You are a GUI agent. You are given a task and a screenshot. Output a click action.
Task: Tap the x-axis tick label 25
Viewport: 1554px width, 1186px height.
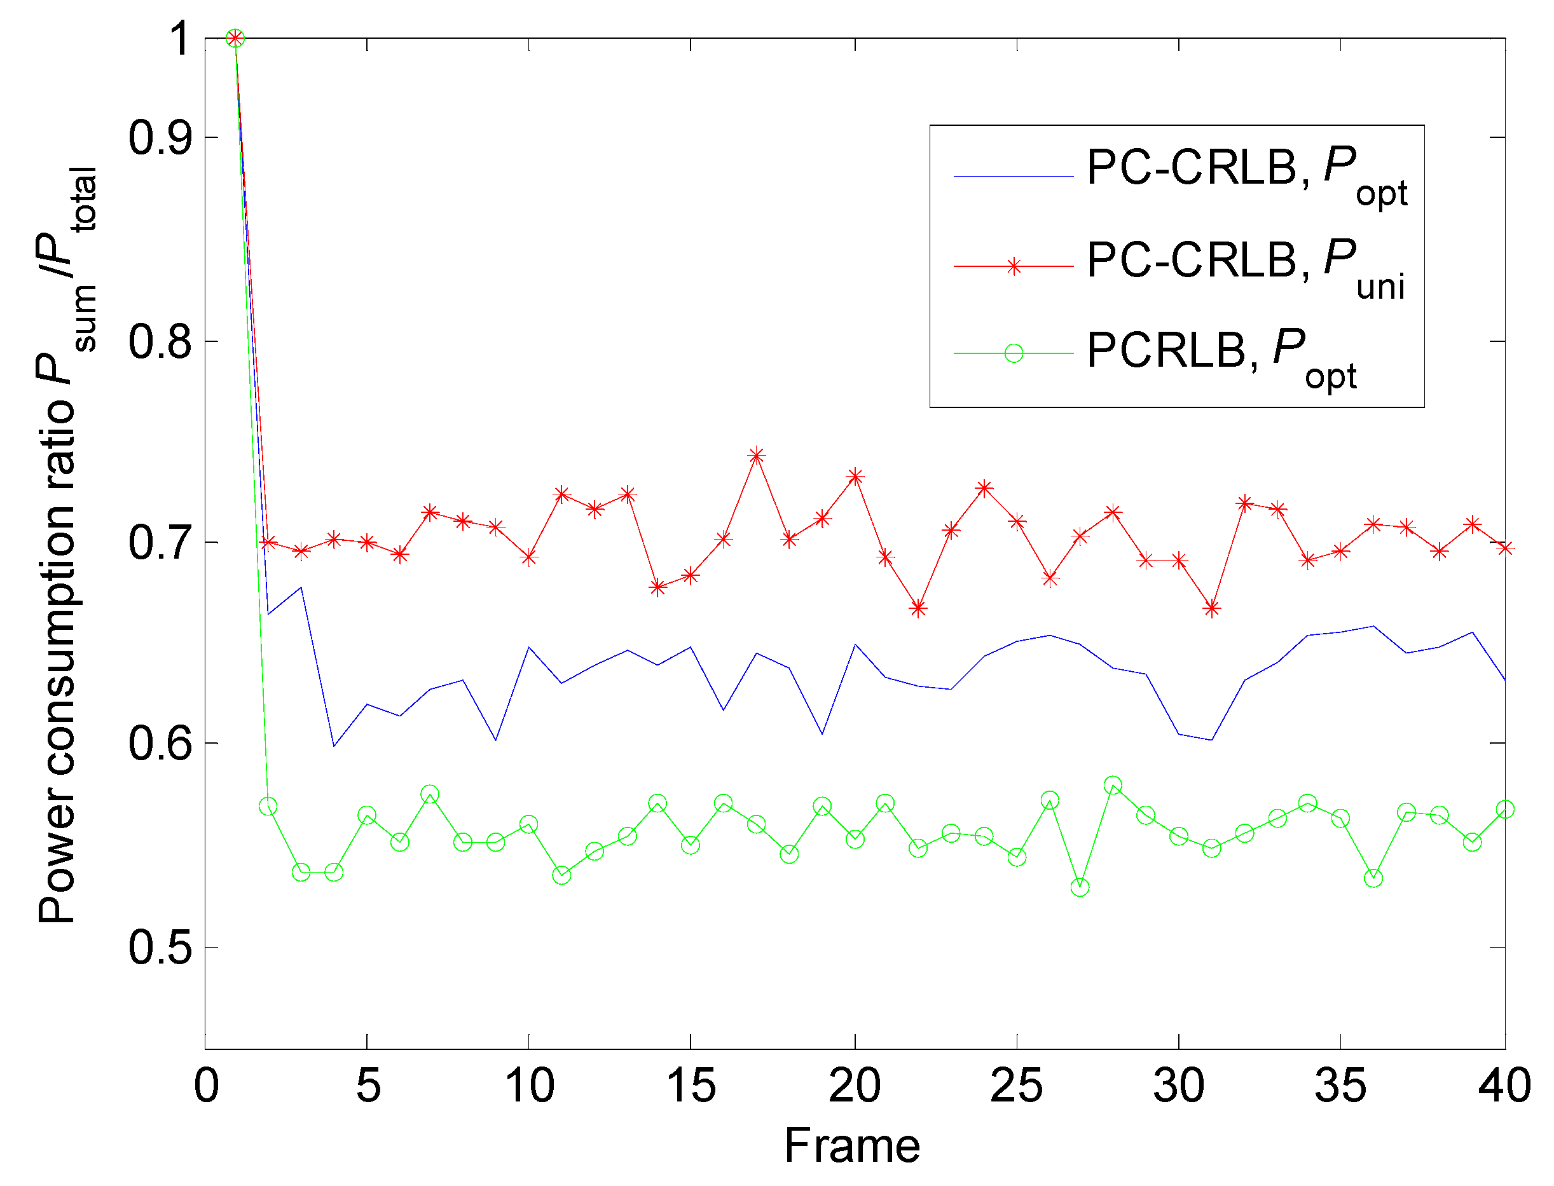[x=1016, y=1085]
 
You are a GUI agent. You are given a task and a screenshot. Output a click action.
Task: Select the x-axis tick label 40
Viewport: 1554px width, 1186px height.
[x=1504, y=1085]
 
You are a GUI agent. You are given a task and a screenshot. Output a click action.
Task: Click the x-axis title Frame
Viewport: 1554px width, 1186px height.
[x=852, y=1145]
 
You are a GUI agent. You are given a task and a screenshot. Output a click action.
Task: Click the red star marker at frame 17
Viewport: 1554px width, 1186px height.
[x=756, y=455]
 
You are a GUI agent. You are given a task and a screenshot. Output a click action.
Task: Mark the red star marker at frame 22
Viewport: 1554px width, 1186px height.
[x=918, y=608]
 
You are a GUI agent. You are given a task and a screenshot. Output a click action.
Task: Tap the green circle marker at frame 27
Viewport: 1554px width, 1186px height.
[x=1080, y=887]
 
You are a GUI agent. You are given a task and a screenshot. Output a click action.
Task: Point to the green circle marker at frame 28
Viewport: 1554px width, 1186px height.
[x=1113, y=785]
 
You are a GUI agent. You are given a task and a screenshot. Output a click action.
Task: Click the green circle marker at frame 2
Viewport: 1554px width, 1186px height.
[x=268, y=806]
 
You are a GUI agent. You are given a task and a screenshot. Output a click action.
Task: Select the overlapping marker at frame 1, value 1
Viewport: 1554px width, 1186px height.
[x=235, y=38]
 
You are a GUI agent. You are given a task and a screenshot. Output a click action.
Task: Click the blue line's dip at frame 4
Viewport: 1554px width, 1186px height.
[x=333, y=746]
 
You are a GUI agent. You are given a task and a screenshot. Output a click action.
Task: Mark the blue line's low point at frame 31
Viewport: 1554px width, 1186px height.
[x=1211, y=740]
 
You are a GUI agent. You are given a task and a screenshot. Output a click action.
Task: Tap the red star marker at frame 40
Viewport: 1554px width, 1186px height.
[x=1504, y=548]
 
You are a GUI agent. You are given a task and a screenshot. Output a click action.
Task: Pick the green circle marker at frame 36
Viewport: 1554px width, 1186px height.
[x=1373, y=878]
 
